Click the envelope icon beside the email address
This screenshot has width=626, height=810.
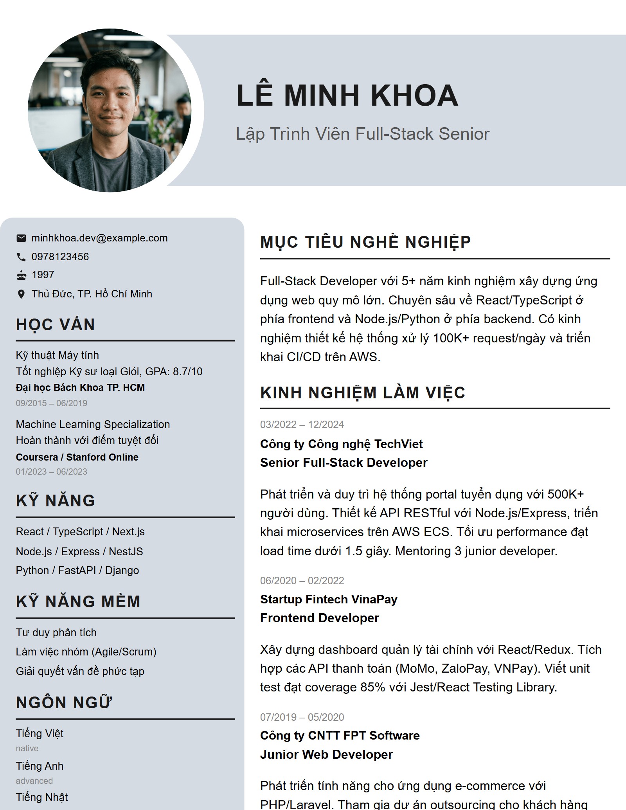point(21,238)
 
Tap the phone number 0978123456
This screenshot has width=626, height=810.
point(60,257)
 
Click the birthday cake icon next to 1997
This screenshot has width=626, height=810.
point(21,275)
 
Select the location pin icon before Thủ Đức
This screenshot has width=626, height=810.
point(21,294)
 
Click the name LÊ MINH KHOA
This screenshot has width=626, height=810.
point(347,95)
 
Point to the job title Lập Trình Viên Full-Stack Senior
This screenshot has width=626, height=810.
point(362,134)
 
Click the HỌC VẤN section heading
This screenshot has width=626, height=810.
point(55,325)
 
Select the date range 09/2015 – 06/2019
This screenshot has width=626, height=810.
point(51,403)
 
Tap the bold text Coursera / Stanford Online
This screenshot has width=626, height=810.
point(77,457)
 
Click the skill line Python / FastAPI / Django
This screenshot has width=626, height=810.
point(77,570)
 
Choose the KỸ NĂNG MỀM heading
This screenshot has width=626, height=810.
point(78,602)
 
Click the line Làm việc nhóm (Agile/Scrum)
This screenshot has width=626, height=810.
point(86,652)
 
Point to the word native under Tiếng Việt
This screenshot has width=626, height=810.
point(27,748)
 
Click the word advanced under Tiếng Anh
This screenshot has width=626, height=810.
point(34,781)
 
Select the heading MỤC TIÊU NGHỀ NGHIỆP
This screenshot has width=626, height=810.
point(365,242)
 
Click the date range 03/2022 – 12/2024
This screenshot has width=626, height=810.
point(302,425)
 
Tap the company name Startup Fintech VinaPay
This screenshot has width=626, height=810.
point(328,599)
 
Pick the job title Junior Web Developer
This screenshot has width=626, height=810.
point(326,754)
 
